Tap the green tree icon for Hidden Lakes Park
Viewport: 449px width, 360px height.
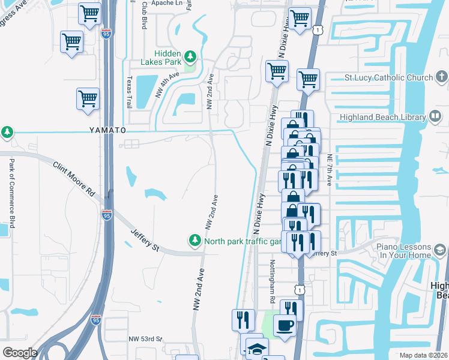coord(190,56)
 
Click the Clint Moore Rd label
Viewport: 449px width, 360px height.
coord(74,178)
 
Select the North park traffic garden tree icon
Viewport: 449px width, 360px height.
coord(194,241)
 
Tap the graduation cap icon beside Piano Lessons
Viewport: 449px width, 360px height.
coord(439,250)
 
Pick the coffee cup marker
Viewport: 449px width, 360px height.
coord(285,326)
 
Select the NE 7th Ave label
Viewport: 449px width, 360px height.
coord(330,168)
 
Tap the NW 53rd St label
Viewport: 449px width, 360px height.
coord(145,339)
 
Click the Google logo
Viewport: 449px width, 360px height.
coord(20,353)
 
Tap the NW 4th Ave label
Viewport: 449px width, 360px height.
coord(167,85)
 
